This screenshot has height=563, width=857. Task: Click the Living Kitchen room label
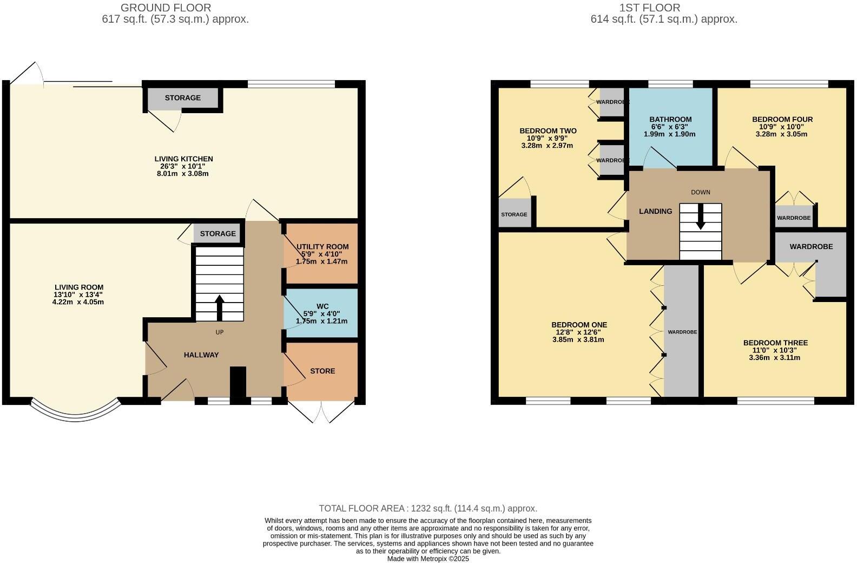pos(183,159)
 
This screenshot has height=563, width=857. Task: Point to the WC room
pos(322,313)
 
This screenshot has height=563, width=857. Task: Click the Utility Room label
pos(322,247)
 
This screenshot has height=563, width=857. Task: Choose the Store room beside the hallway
pos(322,371)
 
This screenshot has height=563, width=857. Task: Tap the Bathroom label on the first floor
pos(670,120)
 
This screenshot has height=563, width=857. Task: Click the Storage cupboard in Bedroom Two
pos(514,214)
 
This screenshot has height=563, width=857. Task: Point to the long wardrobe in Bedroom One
pos(682,332)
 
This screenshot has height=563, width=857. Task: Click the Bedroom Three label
pos(775,343)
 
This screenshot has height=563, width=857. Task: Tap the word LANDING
pos(656,211)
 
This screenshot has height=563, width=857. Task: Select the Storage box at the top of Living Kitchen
pos(183,98)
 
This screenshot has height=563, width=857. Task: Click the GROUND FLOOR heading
pos(166,8)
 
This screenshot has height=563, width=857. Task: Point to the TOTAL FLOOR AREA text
pos(427,508)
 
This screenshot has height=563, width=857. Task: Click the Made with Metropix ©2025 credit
pos(427,559)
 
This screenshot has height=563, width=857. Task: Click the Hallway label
pos(201,355)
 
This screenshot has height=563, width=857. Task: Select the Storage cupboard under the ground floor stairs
pos(217,234)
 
